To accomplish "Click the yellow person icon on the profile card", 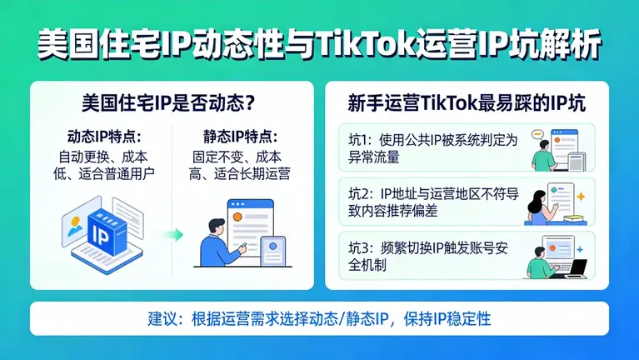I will [x=76, y=222].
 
